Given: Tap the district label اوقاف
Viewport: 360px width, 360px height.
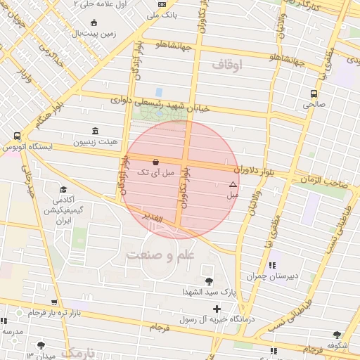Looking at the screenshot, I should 226,65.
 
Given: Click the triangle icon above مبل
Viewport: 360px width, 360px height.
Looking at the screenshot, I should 233,184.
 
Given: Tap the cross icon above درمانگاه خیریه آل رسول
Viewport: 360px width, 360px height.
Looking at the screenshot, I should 217,309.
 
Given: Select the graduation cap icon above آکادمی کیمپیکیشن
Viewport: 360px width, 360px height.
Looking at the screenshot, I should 64,190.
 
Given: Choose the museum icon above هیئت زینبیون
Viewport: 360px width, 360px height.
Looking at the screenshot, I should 96,131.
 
